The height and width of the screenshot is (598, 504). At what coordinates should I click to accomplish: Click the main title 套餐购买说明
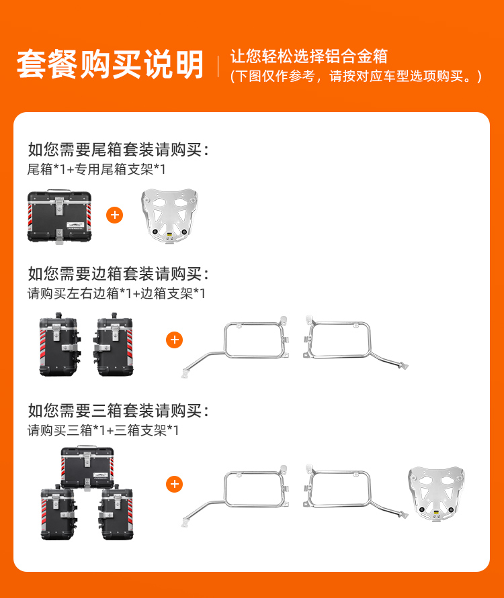coord(110,64)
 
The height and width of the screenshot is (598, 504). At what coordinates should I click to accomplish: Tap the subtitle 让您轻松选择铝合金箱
coord(309,56)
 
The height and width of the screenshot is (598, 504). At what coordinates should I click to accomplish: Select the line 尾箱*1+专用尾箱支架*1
coord(96,169)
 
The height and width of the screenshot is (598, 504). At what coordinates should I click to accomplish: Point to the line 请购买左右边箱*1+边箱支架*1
coord(116,293)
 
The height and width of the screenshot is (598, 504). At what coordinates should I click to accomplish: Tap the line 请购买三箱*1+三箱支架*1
coord(103,431)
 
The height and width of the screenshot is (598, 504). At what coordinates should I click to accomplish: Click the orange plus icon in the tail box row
coord(114,215)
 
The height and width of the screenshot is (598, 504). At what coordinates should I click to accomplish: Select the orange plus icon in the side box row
coord(175,340)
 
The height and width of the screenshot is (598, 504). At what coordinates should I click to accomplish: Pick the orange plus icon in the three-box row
coord(175,484)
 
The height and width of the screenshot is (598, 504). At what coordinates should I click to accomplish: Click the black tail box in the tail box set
coord(60,216)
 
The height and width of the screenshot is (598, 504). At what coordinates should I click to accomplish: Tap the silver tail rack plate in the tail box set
coord(169,216)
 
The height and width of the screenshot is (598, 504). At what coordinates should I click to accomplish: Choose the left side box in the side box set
coord(60,344)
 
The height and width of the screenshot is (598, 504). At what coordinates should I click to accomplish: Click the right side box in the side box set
coord(113,344)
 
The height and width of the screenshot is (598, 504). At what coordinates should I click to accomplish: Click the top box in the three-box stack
coord(87,468)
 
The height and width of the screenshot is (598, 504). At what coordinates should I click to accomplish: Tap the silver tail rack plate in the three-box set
coord(436,493)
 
